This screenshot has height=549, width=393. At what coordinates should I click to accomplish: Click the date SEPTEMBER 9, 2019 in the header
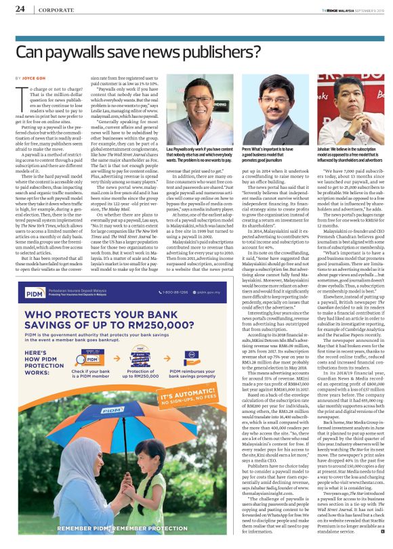click(x=370, y=9)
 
